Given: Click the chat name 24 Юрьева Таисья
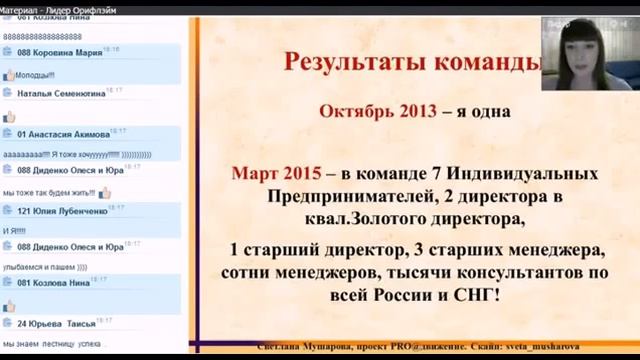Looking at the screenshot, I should pyautogui.click(x=56, y=324).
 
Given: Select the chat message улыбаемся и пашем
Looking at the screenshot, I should pyautogui.click(x=44, y=267).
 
